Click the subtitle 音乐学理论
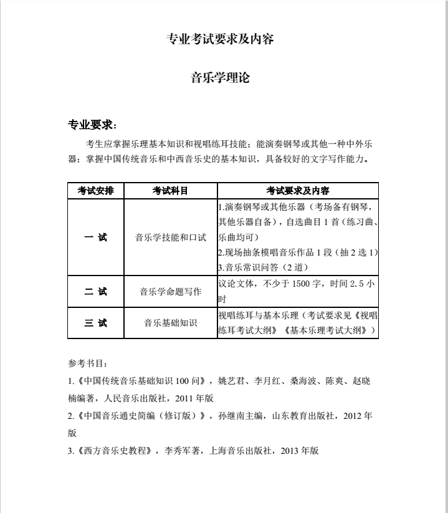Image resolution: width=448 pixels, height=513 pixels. point(221,79)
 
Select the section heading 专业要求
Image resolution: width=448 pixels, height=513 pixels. point(91,125)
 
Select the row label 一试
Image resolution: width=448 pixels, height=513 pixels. point(96,237)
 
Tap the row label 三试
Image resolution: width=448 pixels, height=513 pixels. point(96,323)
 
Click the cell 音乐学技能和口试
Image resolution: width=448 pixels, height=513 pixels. point(170,237)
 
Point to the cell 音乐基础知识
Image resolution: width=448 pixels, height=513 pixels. point(170,323)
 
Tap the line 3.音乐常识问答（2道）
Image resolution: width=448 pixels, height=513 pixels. point(262,267)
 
